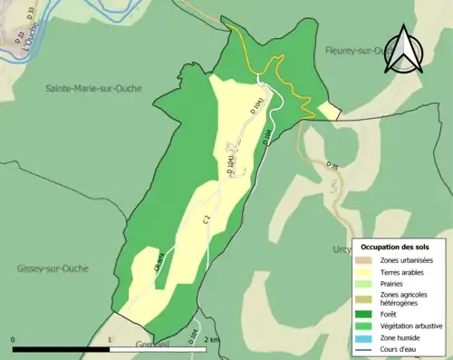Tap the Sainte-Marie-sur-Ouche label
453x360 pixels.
pos(101,88)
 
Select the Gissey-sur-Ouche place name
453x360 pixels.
pos(57,268)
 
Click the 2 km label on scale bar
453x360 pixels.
pos(211,339)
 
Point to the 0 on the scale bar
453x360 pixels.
pos(14,339)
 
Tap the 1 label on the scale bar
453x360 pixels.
pos(110,339)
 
